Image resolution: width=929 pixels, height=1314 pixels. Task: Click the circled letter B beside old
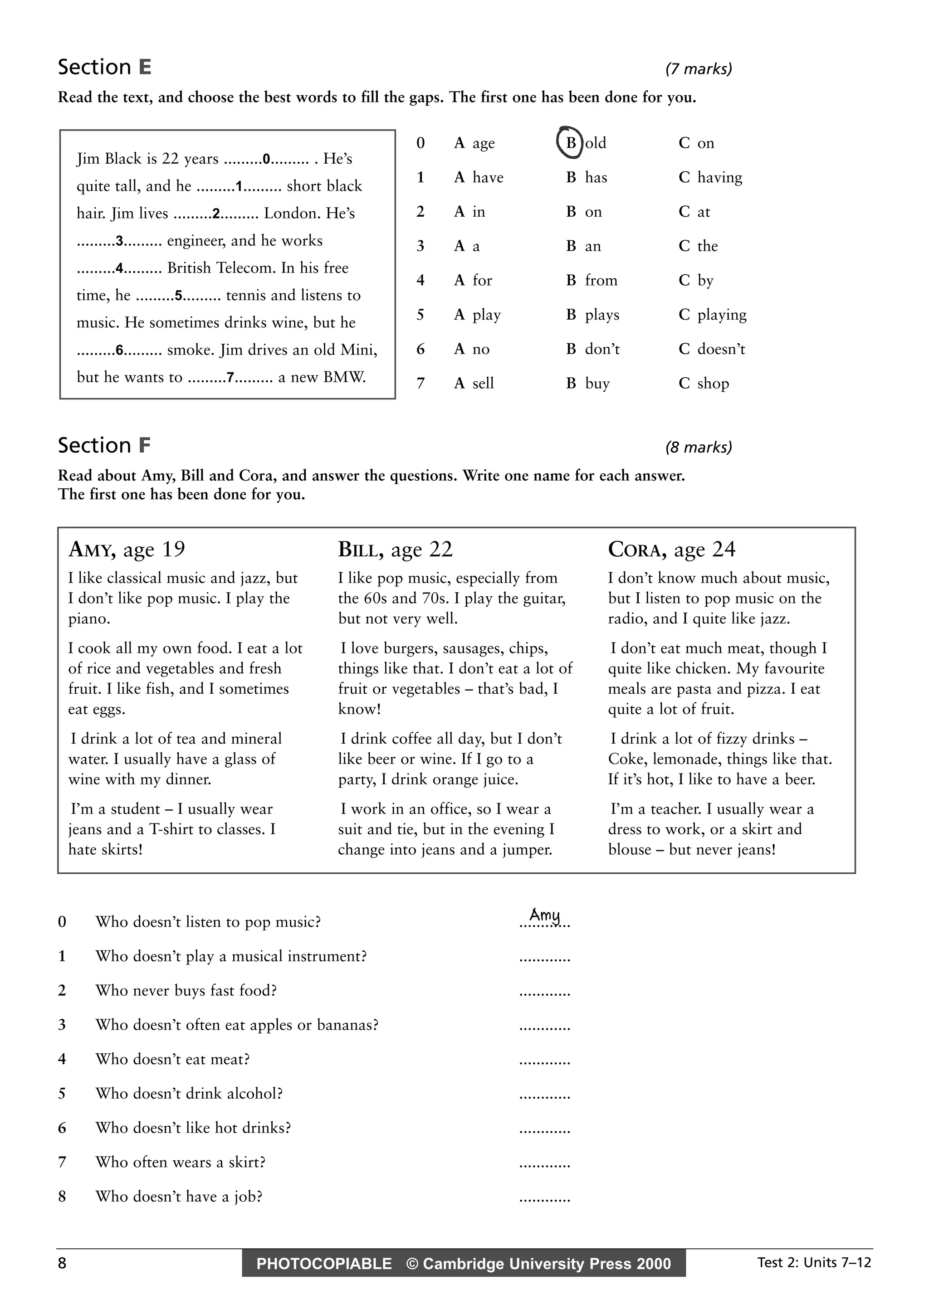click(570, 142)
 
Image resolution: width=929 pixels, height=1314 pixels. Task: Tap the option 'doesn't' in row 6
click(712, 349)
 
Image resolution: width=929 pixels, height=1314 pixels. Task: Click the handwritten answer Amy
click(545, 915)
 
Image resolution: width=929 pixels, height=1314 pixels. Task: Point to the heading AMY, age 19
click(127, 550)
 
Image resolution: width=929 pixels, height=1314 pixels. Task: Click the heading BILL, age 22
click(395, 550)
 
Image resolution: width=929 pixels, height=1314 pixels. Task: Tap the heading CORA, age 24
click(671, 550)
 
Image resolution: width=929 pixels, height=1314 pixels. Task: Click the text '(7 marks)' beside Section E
click(698, 69)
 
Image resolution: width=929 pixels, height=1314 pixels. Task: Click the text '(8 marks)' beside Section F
click(698, 448)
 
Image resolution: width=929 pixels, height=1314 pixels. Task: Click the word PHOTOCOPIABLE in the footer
click(324, 1264)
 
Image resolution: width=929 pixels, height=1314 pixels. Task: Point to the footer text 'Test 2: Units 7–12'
click(813, 1262)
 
